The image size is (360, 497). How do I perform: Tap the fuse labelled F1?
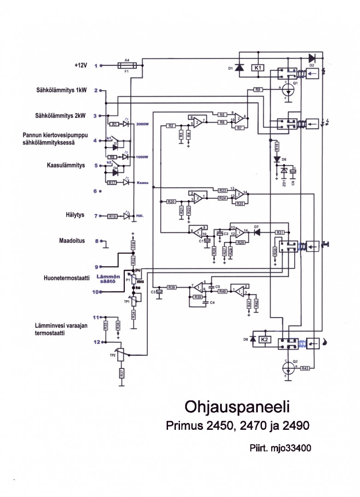point(127,66)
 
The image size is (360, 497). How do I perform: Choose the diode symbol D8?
point(252,340)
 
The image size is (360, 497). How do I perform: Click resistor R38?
point(172,287)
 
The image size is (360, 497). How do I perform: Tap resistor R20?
point(171,202)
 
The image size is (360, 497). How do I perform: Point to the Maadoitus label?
point(72,240)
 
